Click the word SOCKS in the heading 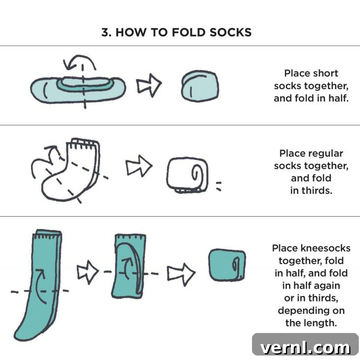(x=230, y=32)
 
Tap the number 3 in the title (x=105, y=32)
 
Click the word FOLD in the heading (x=188, y=32)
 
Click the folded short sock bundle (x=200, y=86)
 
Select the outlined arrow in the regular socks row (x=139, y=166)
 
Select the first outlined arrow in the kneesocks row (x=88, y=272)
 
